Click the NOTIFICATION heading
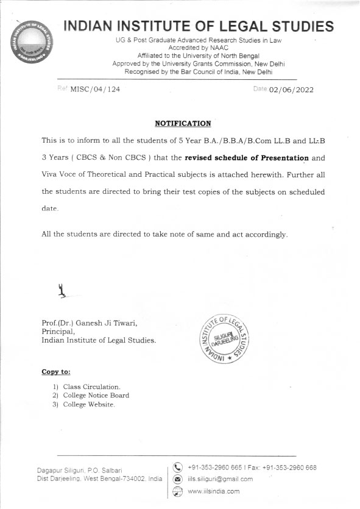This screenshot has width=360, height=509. (x=183, y=123)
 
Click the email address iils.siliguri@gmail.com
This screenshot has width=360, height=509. (x=220, y=479)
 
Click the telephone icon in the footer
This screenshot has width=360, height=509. (x=178, y=468)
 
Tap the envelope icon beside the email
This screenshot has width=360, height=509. (x=178, y=479)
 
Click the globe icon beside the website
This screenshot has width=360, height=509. (x=178, y=491)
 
